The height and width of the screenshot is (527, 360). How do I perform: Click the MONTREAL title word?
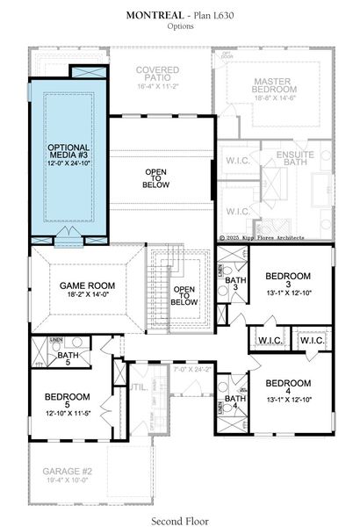pyautogui.click(x=155, y=15)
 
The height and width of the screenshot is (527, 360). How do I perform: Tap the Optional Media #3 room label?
pyautogui.click(x=68, y=151)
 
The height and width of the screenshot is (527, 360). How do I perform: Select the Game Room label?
pyautogui.click(x=83, y=286)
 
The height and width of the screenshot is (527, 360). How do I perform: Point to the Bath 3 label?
pyautogui.click(x=234, y=285)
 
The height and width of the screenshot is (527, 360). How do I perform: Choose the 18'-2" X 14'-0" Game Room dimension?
pyautogui.click(x=83, y=296)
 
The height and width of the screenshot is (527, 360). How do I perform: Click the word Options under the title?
pyautogui.click(x=180, y=27)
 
